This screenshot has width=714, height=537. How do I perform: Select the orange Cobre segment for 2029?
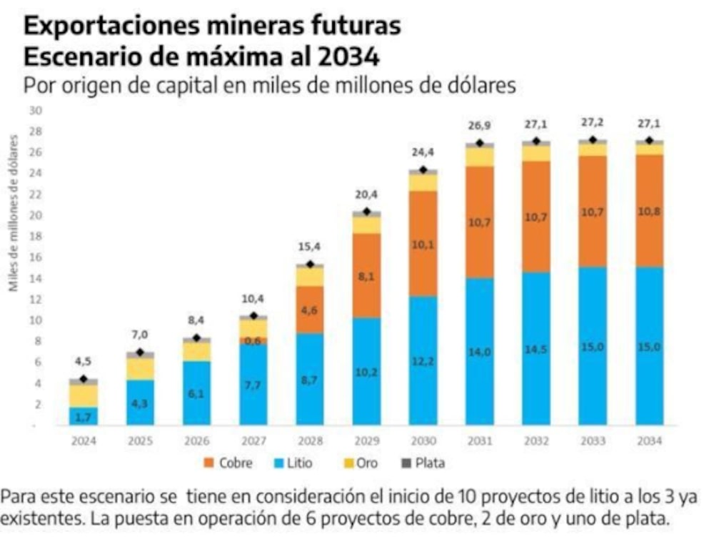[366, 275]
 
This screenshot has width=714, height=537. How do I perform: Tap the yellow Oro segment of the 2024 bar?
[84, 395]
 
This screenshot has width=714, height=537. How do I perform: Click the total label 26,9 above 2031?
[480, 126]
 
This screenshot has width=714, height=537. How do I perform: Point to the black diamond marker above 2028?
[310, 265]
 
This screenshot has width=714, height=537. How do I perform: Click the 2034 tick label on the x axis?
[649, 440]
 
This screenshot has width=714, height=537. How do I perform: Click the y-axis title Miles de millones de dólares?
[14, 215]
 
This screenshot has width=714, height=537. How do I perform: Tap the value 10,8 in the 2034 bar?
[649, 212]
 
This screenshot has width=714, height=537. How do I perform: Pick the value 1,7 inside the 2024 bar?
[84, 416]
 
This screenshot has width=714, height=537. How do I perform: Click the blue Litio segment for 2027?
[253, 385]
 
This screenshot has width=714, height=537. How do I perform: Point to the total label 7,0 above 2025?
[141, 335]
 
